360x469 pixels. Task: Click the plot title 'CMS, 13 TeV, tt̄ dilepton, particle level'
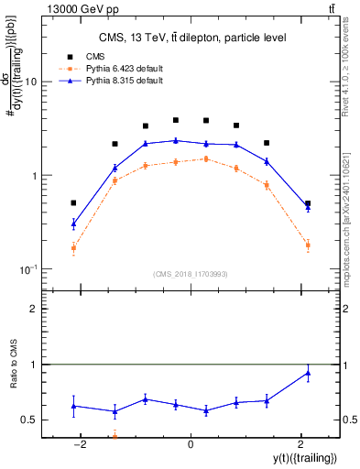190,38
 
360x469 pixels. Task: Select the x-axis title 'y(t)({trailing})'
298,458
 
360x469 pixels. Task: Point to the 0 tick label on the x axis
190,444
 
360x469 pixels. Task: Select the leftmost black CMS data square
73,202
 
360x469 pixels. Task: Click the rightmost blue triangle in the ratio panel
308,372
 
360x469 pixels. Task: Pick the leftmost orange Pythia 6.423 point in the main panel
73,247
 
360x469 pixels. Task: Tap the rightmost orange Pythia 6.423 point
308,245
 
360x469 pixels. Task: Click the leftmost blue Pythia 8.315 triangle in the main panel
73,223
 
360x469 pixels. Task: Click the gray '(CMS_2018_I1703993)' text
190,275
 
